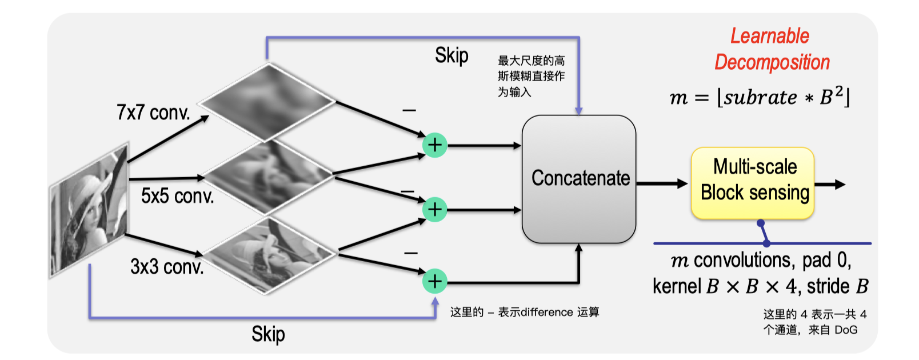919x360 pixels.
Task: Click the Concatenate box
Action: (x=578, y=179)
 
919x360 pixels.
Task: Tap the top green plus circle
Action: (x=434, y=145)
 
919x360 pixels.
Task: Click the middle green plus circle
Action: (x=434, y=209)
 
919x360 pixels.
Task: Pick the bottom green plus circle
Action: (x=434, y=281)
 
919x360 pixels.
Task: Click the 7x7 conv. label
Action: (x=153, y=113)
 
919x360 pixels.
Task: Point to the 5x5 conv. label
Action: (x=177, y=196)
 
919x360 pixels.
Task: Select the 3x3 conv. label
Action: (x=167, y=266)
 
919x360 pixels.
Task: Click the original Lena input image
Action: (x=89, y=209)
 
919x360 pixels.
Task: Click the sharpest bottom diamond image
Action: (x=269, y=254)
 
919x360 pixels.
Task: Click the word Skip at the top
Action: (x=451, y=55)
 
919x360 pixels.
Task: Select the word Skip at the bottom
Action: (x=268, y=334)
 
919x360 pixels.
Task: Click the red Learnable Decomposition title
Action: (x=771, y=49)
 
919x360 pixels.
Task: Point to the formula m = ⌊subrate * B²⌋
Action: (x=760, y=97)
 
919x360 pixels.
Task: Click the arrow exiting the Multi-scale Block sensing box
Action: (x=830, y=184)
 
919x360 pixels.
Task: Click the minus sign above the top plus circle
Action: (x=409, y=110)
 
